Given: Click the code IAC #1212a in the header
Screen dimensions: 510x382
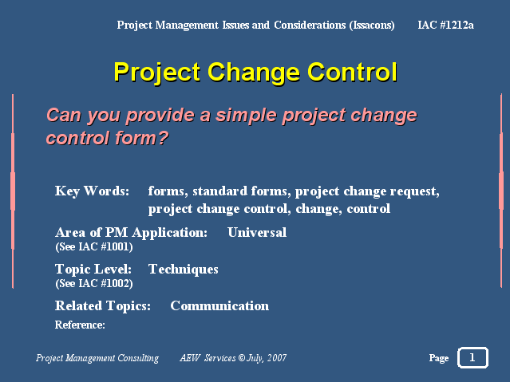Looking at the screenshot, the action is coord(445,25).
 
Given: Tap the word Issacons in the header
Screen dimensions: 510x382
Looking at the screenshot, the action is coord(372,25).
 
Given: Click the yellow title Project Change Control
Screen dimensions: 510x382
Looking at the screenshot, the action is coord(255,73).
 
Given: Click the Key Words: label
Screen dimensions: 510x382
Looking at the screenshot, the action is coord(92,191).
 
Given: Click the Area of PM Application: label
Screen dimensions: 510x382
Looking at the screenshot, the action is coord(131,232).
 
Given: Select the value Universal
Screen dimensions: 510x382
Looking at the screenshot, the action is coord(257,232).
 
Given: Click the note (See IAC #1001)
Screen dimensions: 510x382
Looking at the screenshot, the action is coord(94,246).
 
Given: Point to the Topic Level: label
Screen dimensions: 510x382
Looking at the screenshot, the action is coord(93,270).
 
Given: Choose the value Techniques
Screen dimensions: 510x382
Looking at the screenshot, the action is coord(183,270).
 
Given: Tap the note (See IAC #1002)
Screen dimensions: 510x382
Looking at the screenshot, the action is coord(94,283).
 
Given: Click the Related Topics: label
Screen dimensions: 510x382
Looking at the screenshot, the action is coord(103,306).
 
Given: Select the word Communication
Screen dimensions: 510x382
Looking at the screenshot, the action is coord(219,306).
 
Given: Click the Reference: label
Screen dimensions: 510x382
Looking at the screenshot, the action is coord(80,325).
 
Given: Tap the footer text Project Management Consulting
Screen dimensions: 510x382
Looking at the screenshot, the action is coord(97,358).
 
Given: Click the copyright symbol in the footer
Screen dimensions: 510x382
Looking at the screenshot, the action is coord(242,358).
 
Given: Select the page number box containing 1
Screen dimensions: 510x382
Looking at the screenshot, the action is coord(472,357).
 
